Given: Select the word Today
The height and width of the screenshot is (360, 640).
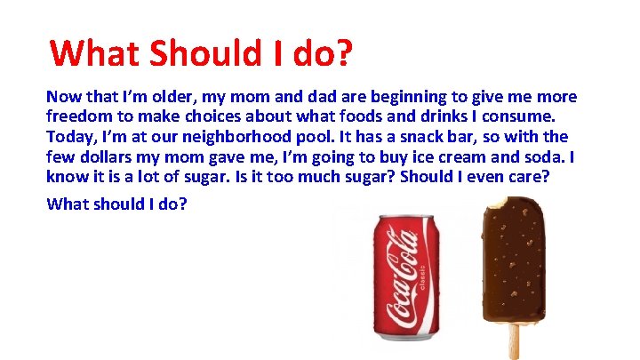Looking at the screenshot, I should tap(68, 137).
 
